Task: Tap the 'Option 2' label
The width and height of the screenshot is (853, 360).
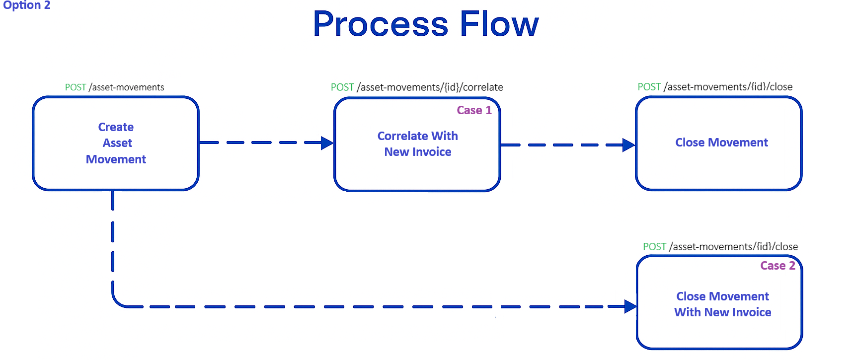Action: point(27,5)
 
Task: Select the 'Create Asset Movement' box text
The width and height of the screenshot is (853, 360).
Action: point(116,143)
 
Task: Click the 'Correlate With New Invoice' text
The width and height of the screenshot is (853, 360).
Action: point(417,144)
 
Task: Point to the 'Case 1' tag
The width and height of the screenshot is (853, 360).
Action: point(474,110)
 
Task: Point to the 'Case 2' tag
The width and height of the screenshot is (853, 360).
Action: point(777,266)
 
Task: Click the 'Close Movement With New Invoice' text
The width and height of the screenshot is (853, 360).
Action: point(722,304)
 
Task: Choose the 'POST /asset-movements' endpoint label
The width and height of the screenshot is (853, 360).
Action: point(114,87)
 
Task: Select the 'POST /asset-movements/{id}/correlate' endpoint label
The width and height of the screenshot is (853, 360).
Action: point(417,87)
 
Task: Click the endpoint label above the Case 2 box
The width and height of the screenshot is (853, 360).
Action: point(720,247)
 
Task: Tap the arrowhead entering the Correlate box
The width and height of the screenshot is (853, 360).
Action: point(327,143)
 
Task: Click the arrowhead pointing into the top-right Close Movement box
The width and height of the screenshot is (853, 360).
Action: point(629,145)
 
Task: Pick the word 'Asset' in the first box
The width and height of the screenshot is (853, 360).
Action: point(117,143)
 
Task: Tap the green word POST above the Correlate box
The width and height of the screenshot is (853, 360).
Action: point(342,87)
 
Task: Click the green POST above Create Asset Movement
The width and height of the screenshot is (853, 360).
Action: point(76,87)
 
